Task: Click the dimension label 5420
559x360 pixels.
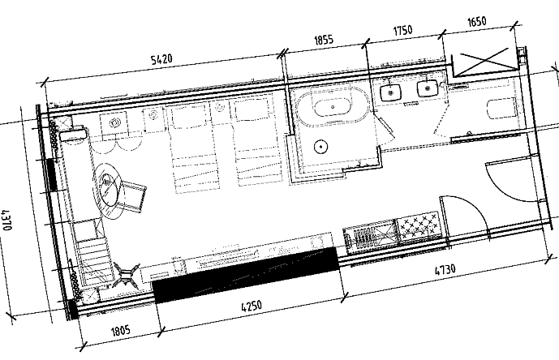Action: tap(168, 59)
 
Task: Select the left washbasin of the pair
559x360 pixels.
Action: tap(393, 93)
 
